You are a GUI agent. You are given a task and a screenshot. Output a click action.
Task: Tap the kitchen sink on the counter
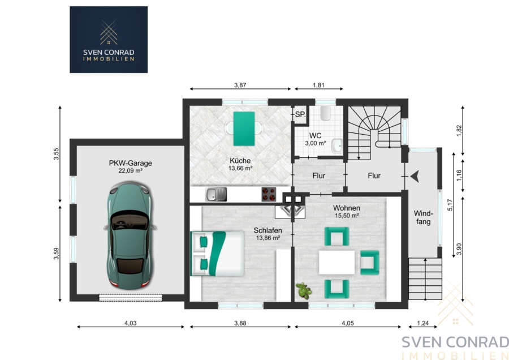coord(216,194)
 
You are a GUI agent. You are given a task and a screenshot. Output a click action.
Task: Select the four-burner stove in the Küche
coord(269,194)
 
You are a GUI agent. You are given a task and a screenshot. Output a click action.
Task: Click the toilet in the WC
coord(325,113)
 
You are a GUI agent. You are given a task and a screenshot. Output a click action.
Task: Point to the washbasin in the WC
coord(337,145)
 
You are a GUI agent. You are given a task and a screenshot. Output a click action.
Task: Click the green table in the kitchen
coord(244,128)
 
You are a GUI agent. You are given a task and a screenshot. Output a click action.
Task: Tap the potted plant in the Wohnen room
coord(304,290)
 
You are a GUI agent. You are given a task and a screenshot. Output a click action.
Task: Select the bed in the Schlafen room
coord(217,254)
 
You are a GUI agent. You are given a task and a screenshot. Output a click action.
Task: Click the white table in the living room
coord(337,262)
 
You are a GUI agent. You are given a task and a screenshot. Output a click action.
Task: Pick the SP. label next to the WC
coord(300,114)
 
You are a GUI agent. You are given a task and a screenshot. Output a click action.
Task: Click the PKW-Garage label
coord(131,163)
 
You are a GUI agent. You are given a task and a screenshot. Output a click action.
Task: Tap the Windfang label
coord(423,218)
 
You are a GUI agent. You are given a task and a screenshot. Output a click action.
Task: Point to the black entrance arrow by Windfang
coord(415,177)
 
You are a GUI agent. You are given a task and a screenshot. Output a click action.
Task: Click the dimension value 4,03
coord(131,323)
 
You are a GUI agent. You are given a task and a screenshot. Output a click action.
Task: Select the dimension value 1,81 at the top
coord(319,85)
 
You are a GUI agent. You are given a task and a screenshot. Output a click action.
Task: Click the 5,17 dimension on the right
coord(450,205)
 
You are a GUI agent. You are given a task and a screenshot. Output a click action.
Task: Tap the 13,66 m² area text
coord(240,168)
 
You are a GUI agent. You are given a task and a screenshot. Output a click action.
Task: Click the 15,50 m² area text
coord(347,216)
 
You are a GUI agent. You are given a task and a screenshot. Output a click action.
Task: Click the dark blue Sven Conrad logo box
coord(109,40)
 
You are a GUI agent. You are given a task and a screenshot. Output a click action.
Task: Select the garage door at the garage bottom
coord(131,298)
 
